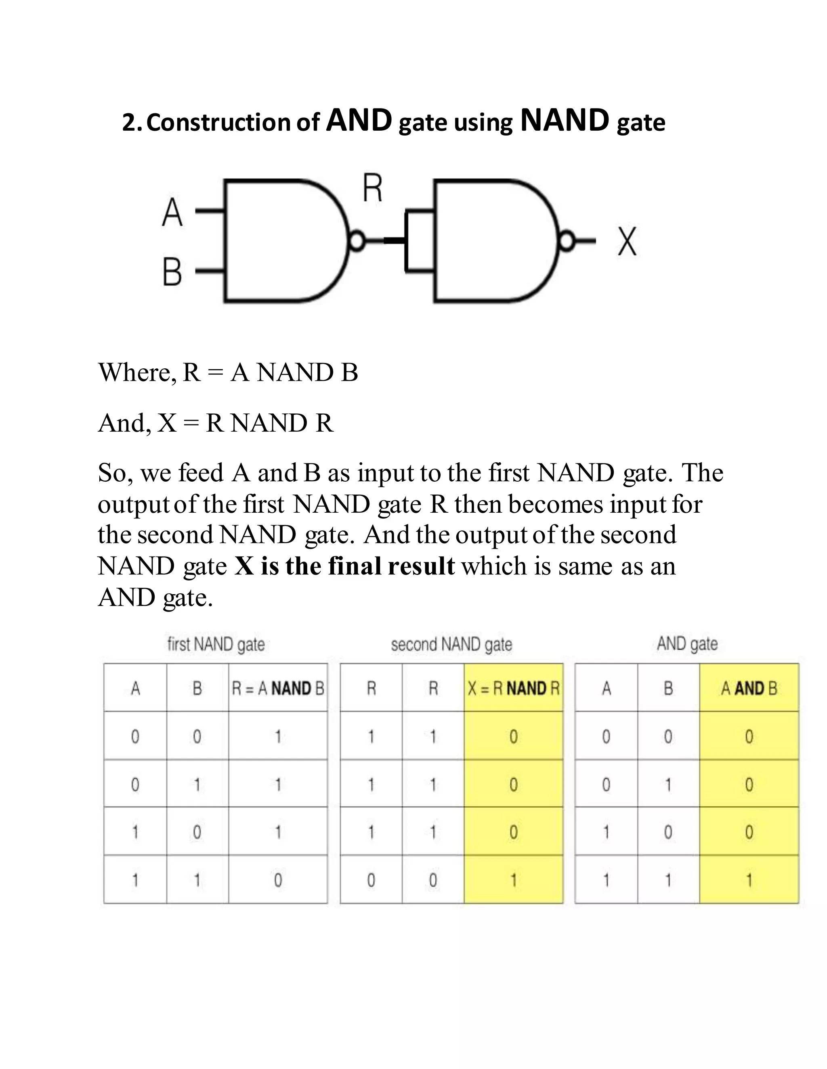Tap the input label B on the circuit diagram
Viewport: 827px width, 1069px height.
[x=172, y=272]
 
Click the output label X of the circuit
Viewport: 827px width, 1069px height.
[x=627, y=241]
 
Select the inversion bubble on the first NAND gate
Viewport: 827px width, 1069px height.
[x=357, y=241]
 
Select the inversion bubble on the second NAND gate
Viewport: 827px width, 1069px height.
[x=567, y=241]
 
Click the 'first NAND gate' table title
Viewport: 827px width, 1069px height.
[x=216, y=645]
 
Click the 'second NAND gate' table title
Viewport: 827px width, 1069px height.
[x=451, y=645]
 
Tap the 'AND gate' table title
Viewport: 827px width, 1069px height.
[x=687, y=644]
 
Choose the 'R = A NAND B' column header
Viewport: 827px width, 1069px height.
[x=278, y=689]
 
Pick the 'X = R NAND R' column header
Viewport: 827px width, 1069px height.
[x=514, y=689]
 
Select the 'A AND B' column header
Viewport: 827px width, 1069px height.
[x=749, y=689]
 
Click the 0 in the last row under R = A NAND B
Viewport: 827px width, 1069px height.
[x=278, y=881]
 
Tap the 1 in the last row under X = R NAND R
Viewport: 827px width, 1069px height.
[x=514, y=881]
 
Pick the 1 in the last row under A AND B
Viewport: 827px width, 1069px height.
[x=749, y=881]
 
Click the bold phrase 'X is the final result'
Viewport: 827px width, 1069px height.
[x=344, y=566]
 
